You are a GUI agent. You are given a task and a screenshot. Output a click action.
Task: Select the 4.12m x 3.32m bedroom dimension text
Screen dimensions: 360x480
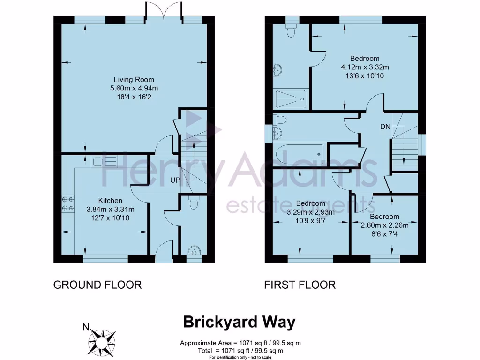[x=365, y=67]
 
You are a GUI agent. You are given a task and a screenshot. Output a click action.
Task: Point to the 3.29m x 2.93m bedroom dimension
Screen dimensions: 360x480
[x=311, y=212]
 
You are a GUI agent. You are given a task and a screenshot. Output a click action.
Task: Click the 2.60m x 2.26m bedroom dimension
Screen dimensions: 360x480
[x=384, y=225]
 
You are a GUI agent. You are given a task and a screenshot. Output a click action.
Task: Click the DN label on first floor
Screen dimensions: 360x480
[x=384, y=127]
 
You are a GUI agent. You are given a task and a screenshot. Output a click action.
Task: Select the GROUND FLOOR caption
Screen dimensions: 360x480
[x=97, y=285]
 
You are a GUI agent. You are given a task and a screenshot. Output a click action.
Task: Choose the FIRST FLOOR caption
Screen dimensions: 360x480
[x=300, y=285]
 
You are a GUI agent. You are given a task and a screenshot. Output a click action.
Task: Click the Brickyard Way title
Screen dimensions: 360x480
[x=239, y=322]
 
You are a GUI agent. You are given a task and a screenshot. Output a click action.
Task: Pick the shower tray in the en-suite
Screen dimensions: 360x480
[x=291, y=97]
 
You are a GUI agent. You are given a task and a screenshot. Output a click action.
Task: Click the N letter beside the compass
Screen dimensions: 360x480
[x=85, y=327]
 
